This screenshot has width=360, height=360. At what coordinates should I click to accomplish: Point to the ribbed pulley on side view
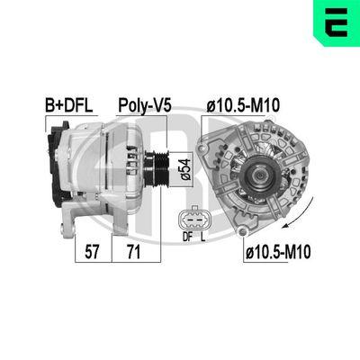159,168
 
